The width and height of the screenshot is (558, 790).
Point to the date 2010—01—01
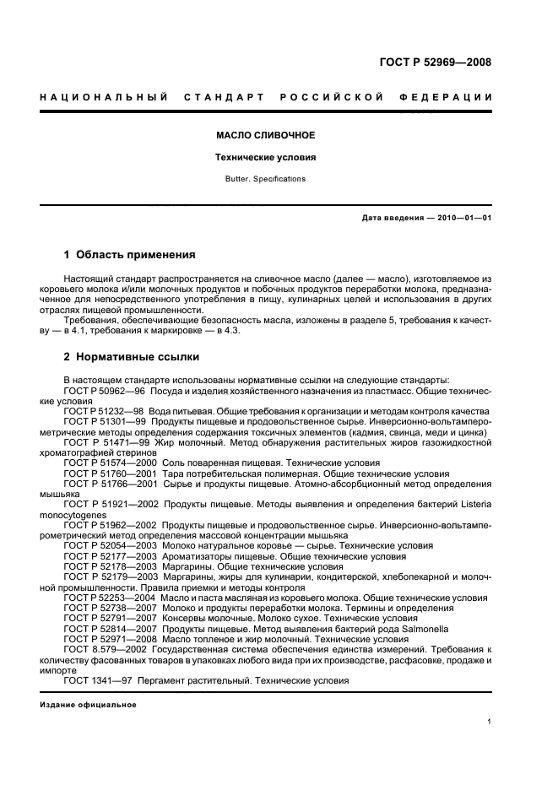point(462,219)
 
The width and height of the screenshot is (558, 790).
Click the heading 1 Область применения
point(130,254)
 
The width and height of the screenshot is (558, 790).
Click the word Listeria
point(474,505)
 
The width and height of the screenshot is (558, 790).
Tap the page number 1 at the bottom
point(490,722)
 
